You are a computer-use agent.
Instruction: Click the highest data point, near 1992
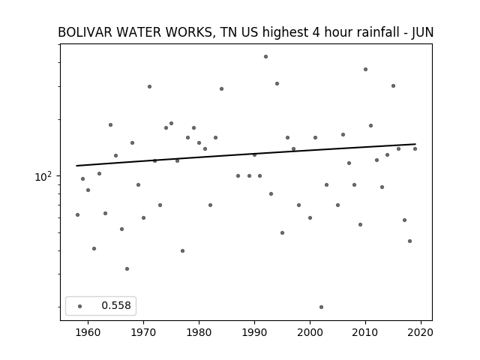(x=265, y=57)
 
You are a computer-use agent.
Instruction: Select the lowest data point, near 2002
(x=321, y=307)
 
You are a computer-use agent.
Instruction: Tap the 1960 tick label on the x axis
(x=88, y=332)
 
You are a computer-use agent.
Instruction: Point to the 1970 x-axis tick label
(x=143, y=332)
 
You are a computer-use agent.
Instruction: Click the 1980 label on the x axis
(x=199, y=332)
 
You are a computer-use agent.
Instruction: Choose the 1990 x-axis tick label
(x=254, y=332)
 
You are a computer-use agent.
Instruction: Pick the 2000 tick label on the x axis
(x=310, y=332)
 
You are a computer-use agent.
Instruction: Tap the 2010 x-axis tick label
(x=365, y=332)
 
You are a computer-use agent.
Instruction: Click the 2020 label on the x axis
(x=421, y=332)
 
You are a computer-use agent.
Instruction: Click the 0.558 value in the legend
(x=116, y=305)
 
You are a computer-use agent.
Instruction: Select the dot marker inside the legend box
(x=80, y=306)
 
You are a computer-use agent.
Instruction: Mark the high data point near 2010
(x=365, y=70)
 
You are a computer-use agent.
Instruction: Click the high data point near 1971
(x=149, y=87)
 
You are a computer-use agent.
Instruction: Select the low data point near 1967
(x=127, y=268)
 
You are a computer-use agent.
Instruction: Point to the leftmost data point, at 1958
(x=77, y=215)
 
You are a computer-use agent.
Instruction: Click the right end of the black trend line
(x=415, y=144)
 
